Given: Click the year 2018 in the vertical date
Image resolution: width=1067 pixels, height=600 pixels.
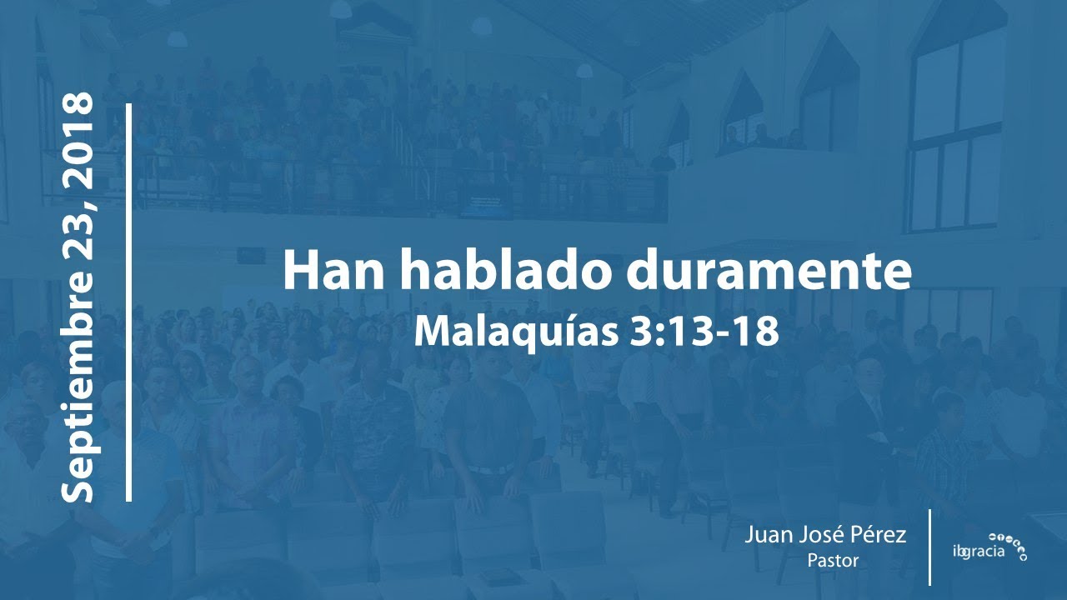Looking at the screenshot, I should click(x=78, y=137).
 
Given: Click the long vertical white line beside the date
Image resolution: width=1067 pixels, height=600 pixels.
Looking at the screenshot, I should click(x=129, y=302).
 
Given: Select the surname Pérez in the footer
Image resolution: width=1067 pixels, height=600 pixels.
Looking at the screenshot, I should click(x=879, y=536).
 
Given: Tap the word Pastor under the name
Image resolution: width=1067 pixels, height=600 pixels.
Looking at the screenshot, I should click(x=832, y=561).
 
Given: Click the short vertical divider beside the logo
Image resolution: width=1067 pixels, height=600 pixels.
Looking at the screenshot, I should click(x=929, y=547).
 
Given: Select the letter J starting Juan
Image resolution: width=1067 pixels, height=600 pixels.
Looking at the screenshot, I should click(x=751, y=536).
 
